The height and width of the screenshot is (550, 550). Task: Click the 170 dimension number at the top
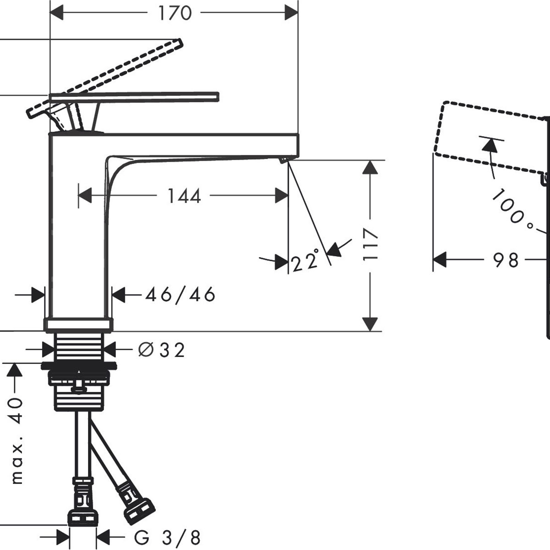(x=175, y=13)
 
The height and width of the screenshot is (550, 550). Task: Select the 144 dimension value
(x=184, y=196)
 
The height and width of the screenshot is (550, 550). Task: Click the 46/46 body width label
(x=180, y=295)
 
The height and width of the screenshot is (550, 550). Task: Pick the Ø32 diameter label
(x=161, y=350)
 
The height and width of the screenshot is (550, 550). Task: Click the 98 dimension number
(x=505, y=260)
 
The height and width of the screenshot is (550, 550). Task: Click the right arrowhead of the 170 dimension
(x=291, y=13)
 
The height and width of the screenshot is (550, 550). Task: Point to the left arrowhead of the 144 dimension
(x=85, y=196)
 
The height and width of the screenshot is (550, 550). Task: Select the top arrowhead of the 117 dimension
(x=370, y=167)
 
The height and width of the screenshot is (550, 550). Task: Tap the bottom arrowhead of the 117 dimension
(x=370, y=324)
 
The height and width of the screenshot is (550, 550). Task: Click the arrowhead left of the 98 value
(x=440, y=260)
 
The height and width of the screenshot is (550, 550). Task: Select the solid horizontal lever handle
(x=134, y=96)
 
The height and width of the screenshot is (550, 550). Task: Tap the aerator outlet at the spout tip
(x=283, y=160)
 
